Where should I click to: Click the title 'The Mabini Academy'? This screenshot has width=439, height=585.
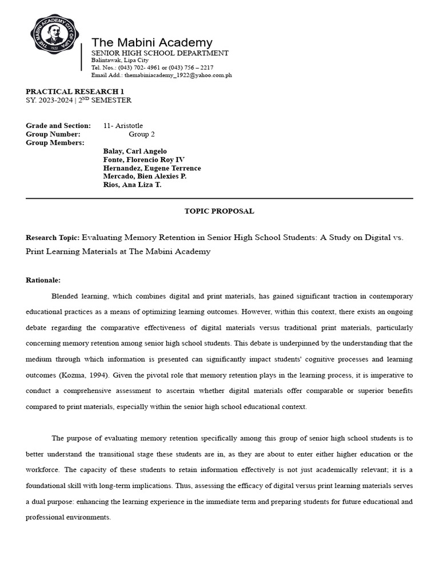tap(152, 43)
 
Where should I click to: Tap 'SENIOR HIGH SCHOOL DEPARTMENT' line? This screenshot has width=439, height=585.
tap(160, 53)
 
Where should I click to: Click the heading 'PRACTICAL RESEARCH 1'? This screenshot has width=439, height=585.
tap(75, 91)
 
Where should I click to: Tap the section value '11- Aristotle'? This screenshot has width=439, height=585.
tap(123, 126)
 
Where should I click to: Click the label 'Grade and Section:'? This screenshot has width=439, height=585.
tap(58, 126)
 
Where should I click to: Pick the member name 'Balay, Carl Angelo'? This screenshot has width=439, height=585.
tap(135, 151)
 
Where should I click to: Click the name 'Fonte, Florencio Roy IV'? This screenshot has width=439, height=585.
tap(143, 160)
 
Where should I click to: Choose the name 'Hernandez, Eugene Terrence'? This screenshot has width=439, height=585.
tap(152, 169)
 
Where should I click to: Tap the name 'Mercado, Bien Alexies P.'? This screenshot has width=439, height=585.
tap(145, 177)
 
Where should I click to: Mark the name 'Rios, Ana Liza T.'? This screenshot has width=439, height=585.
tap(132, 186)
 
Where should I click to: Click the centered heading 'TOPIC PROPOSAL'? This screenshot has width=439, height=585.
tap(219, 211)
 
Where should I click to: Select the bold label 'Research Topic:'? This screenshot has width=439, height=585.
tap(53, 237)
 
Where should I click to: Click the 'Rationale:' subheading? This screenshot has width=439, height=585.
tap(43, 281)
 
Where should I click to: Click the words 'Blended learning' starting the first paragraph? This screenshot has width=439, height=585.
tap(78, 296)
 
